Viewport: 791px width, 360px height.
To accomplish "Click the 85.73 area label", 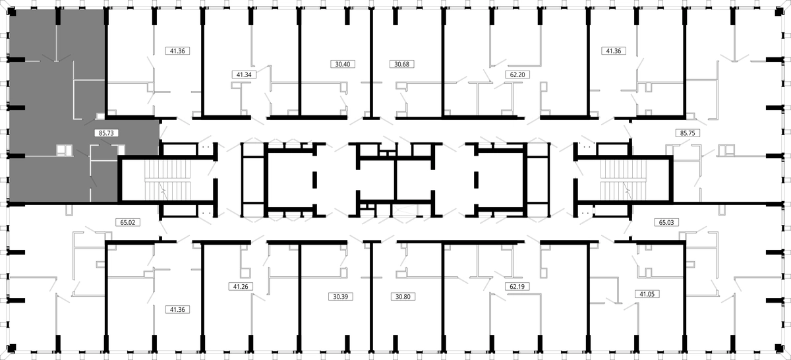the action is pyautogui.click(x=106, y=133).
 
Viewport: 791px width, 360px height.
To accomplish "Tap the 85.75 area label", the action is pyautogui.click(x=688, y=133).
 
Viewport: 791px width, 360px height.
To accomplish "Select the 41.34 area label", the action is pyautogui.click(x=244, y=75).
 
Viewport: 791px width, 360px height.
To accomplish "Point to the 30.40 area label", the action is pyautogui.click(x=343, y=64).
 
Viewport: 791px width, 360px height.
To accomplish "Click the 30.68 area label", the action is pyautogui.click(x=402, y=64).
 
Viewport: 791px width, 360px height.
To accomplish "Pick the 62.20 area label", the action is pyautogui.click(x=517, y=75).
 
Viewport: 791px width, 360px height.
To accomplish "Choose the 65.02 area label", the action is pyautogui.click(x=128, y=222).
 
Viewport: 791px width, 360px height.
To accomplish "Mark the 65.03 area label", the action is pyautogui.click(x=666, y=222).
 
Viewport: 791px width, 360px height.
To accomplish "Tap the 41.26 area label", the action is pyautogui.click(x=241, y=287).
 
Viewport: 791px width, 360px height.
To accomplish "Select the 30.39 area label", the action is pyautogui.click(x=341, y=297).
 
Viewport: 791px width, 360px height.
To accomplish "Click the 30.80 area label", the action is pyautogui.click(x=403, y=297).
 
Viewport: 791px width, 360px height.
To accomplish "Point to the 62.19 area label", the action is pyautogui.click(x=517, y=287).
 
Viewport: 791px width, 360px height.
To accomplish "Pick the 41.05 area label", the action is pyautogui.click(x=647, y=294).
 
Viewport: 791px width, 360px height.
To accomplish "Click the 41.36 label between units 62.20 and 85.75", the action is pyautogui.click(x=614, y=51).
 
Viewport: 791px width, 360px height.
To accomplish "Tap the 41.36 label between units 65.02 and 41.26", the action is pyautogui.click(x=177, y=309).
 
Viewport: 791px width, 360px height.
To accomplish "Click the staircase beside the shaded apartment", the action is pyautogui.click(x=167, y=181).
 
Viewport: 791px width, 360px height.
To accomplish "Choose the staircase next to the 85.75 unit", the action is pyautogui.click(x=624, y=181).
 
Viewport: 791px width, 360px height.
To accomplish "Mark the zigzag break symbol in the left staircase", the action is pyautogui.click(x=163, y=190).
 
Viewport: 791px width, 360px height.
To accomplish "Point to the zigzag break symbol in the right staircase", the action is pyautogui.click(x=628, y=190).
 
